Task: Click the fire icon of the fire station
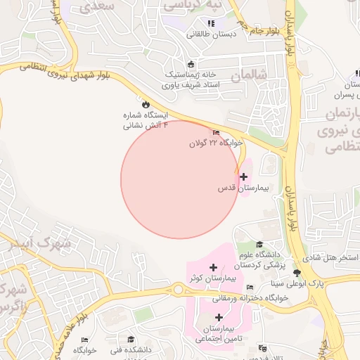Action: point(146,104)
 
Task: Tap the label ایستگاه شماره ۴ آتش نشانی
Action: point(146,120)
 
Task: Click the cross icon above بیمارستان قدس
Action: point(243,176)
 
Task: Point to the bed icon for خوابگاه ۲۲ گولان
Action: point(215,133)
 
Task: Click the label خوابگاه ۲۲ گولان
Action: point(215,143)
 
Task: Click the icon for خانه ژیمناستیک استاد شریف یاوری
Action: point(191,65)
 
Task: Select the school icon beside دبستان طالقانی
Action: point(211,23)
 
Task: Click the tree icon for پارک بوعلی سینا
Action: point(297,273)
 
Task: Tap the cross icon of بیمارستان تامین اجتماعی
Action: point(218,317)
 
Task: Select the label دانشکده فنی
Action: point(127,349)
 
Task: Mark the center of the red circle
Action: point(179,179)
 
